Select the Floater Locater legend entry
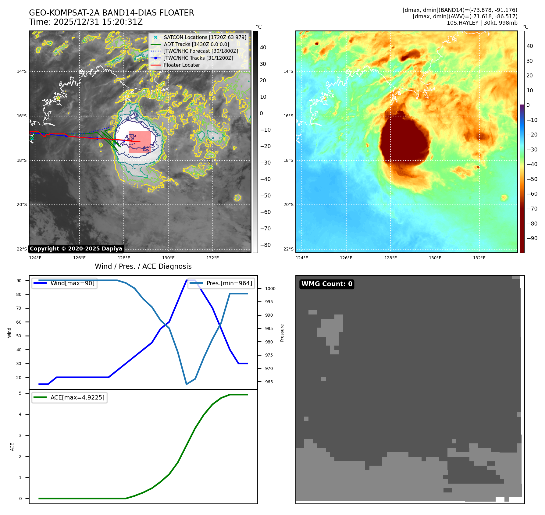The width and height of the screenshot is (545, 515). (182, 65)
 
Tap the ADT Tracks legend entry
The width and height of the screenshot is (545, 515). (196, 44)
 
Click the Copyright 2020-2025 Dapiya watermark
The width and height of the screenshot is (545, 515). (76, 249)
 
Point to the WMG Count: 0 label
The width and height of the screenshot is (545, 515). (327, 284)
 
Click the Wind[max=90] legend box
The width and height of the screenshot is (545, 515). (65, 283)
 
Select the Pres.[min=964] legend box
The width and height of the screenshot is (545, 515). (221, 283)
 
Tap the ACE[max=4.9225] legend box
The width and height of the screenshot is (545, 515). (69, 397)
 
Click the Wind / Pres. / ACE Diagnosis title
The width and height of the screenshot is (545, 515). (143, 267)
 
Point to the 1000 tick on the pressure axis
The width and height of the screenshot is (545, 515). (270, 289)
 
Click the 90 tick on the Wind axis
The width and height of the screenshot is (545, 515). (19, 281)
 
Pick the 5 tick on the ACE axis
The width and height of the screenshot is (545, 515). (20, 393)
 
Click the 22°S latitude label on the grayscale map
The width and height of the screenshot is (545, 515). (22, 249)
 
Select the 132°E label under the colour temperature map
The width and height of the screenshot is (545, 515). (479, 258)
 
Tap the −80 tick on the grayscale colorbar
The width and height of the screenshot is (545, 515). (265, 245)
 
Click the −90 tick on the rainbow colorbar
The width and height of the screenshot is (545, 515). (532, 238)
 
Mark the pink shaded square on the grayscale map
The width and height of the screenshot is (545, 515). (140, 142)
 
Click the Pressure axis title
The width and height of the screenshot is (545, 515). (282, 333)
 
